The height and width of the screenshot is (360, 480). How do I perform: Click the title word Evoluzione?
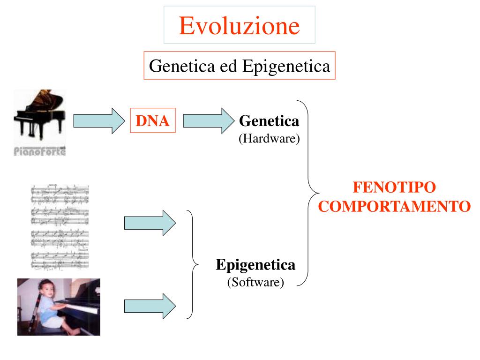[239, 25]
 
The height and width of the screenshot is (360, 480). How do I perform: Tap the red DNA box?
[152, 121]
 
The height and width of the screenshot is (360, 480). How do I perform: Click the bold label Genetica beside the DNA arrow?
[269, 121]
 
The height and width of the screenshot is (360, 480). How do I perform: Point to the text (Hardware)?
[269, 139]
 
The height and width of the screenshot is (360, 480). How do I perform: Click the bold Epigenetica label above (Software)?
[255, 265]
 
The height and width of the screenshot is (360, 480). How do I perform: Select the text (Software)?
[255, 283]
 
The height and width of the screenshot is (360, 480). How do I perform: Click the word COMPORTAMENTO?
[394, 206]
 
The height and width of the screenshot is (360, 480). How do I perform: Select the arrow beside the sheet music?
[149, 223]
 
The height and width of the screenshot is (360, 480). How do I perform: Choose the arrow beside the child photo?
[149, 306]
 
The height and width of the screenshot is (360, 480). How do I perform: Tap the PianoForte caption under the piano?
[39, 151]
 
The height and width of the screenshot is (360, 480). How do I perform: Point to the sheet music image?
[60, 227]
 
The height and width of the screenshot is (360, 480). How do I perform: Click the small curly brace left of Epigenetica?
[193, 264]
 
